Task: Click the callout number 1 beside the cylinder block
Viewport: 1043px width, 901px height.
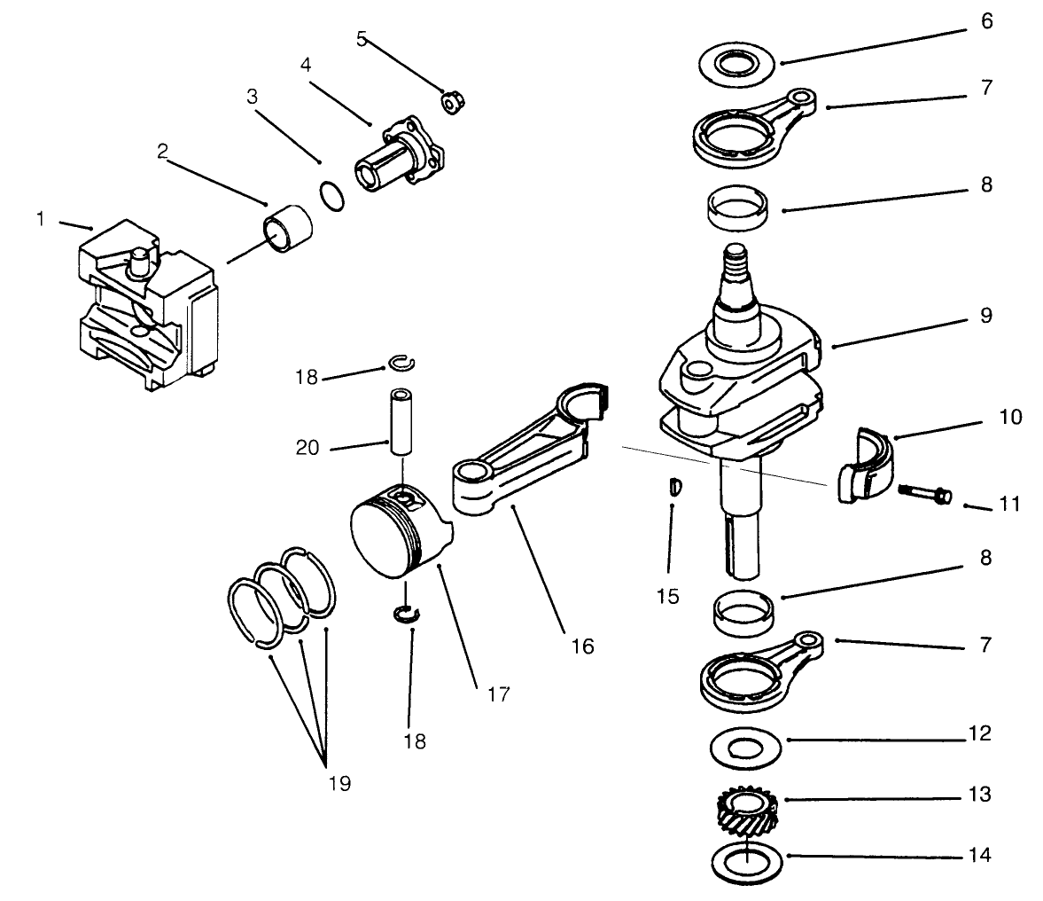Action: point(41,219)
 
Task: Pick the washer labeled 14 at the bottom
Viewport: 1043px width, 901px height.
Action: point(746,859)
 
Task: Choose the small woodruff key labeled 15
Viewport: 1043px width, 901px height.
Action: point(673,487)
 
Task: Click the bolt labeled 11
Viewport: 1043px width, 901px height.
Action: point(925,492)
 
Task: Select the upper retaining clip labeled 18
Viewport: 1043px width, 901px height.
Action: point(403,362)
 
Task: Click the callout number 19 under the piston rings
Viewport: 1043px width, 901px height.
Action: point(338,783)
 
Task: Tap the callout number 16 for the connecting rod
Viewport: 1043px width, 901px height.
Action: point(581,646)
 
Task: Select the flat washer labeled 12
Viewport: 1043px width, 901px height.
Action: point(746,747)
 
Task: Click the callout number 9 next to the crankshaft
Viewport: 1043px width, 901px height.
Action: point(986,316)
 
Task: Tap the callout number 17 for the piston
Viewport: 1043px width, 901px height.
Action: point(498,693)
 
